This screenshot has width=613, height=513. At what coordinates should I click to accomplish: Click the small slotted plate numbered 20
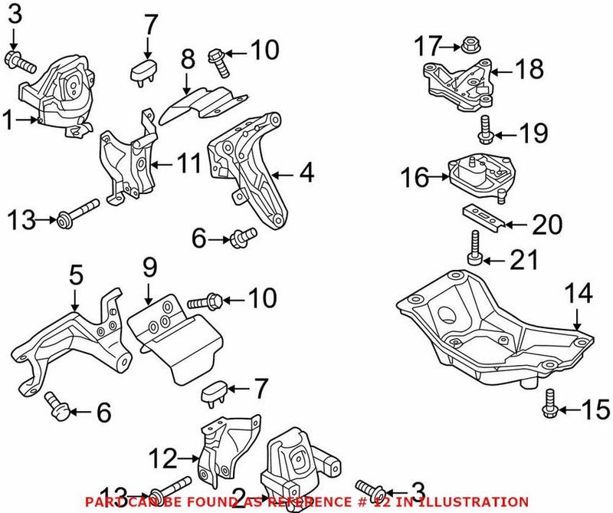[x=482, y=217]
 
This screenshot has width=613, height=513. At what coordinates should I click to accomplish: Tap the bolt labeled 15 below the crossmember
[x=549, y=404]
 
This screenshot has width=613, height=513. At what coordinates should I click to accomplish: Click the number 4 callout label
[x=306, y=173]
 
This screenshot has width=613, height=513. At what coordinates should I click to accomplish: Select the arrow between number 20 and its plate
[x=514, y=225]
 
